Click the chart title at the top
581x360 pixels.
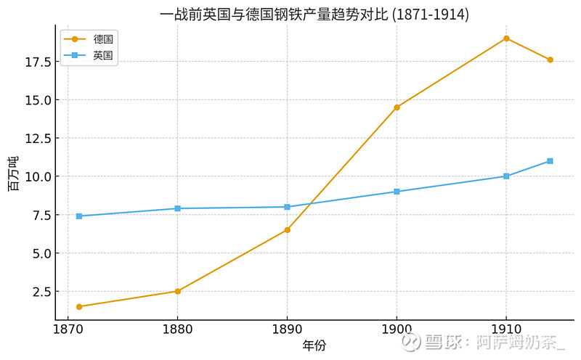click(314, 15)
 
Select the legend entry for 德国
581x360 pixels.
click(89, 39)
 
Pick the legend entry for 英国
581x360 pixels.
click(89, 55)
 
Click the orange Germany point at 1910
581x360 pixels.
click(506, 38)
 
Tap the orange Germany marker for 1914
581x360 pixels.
click(550, 60)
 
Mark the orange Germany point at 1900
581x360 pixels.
click(397, 107)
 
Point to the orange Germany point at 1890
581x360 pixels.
click(287, 230)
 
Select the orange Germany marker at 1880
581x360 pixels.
click(177, 291)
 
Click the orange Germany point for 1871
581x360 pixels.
click(79, 307)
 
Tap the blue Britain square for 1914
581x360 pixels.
click(550, 161)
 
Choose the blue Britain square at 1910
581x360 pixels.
click(506, 176)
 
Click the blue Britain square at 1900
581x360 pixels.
click(397, 192)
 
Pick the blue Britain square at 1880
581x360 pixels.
click(177, 208)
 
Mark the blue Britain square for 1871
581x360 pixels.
click(79, 216)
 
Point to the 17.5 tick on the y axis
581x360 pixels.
click(38, 62)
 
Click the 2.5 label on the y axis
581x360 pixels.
click(41, 292)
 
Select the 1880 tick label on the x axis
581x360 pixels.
click(177, 330)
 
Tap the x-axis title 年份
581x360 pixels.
click(314, 345)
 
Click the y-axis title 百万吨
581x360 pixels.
click(13, 173)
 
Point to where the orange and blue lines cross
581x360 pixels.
click(308, 204)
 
